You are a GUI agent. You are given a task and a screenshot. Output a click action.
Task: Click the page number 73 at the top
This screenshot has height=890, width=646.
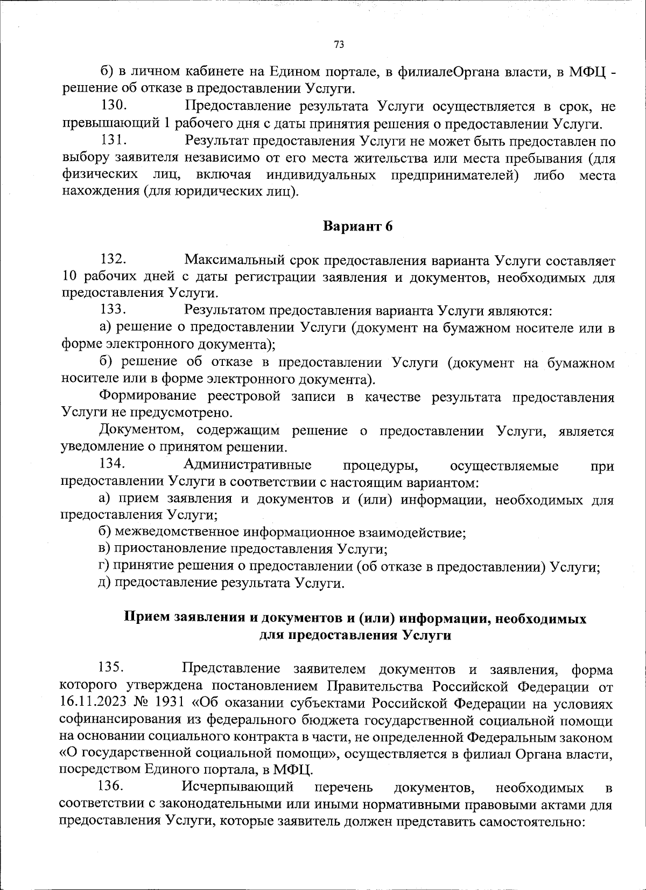click(339, 45)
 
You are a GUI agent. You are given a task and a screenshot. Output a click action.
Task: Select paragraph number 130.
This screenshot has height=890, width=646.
click(114, 106)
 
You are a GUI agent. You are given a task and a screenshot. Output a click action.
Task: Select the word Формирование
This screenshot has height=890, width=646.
click(152, 397)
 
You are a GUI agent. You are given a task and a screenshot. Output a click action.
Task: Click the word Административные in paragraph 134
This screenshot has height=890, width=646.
click(248, 464)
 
